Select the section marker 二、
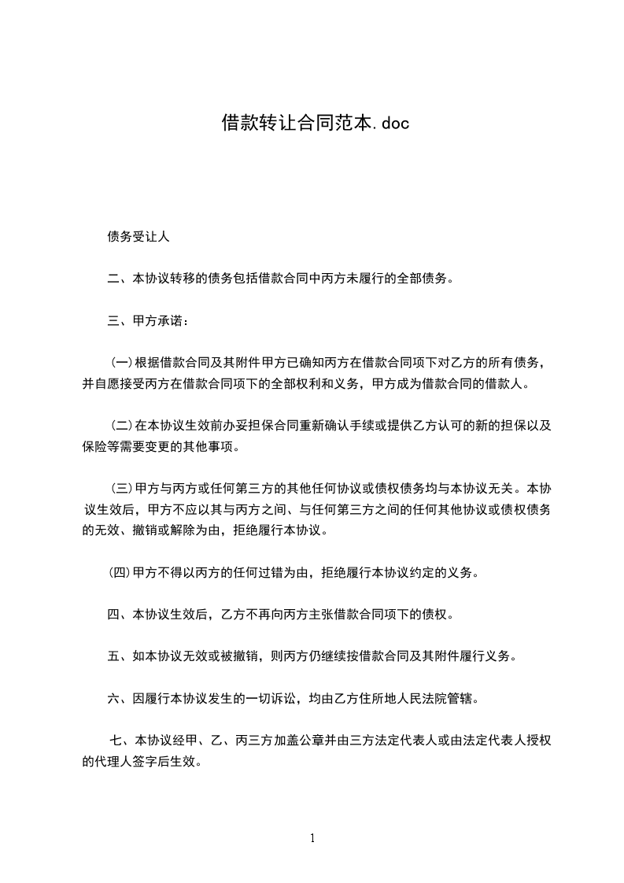click(120, 279)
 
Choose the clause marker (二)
click(121, 427)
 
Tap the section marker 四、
click(120, 615)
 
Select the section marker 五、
click(120, 657)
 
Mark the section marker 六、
click(120, 699)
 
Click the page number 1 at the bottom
click(312, 838)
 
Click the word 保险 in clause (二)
click(94, 447)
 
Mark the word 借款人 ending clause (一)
click(511, 384)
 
